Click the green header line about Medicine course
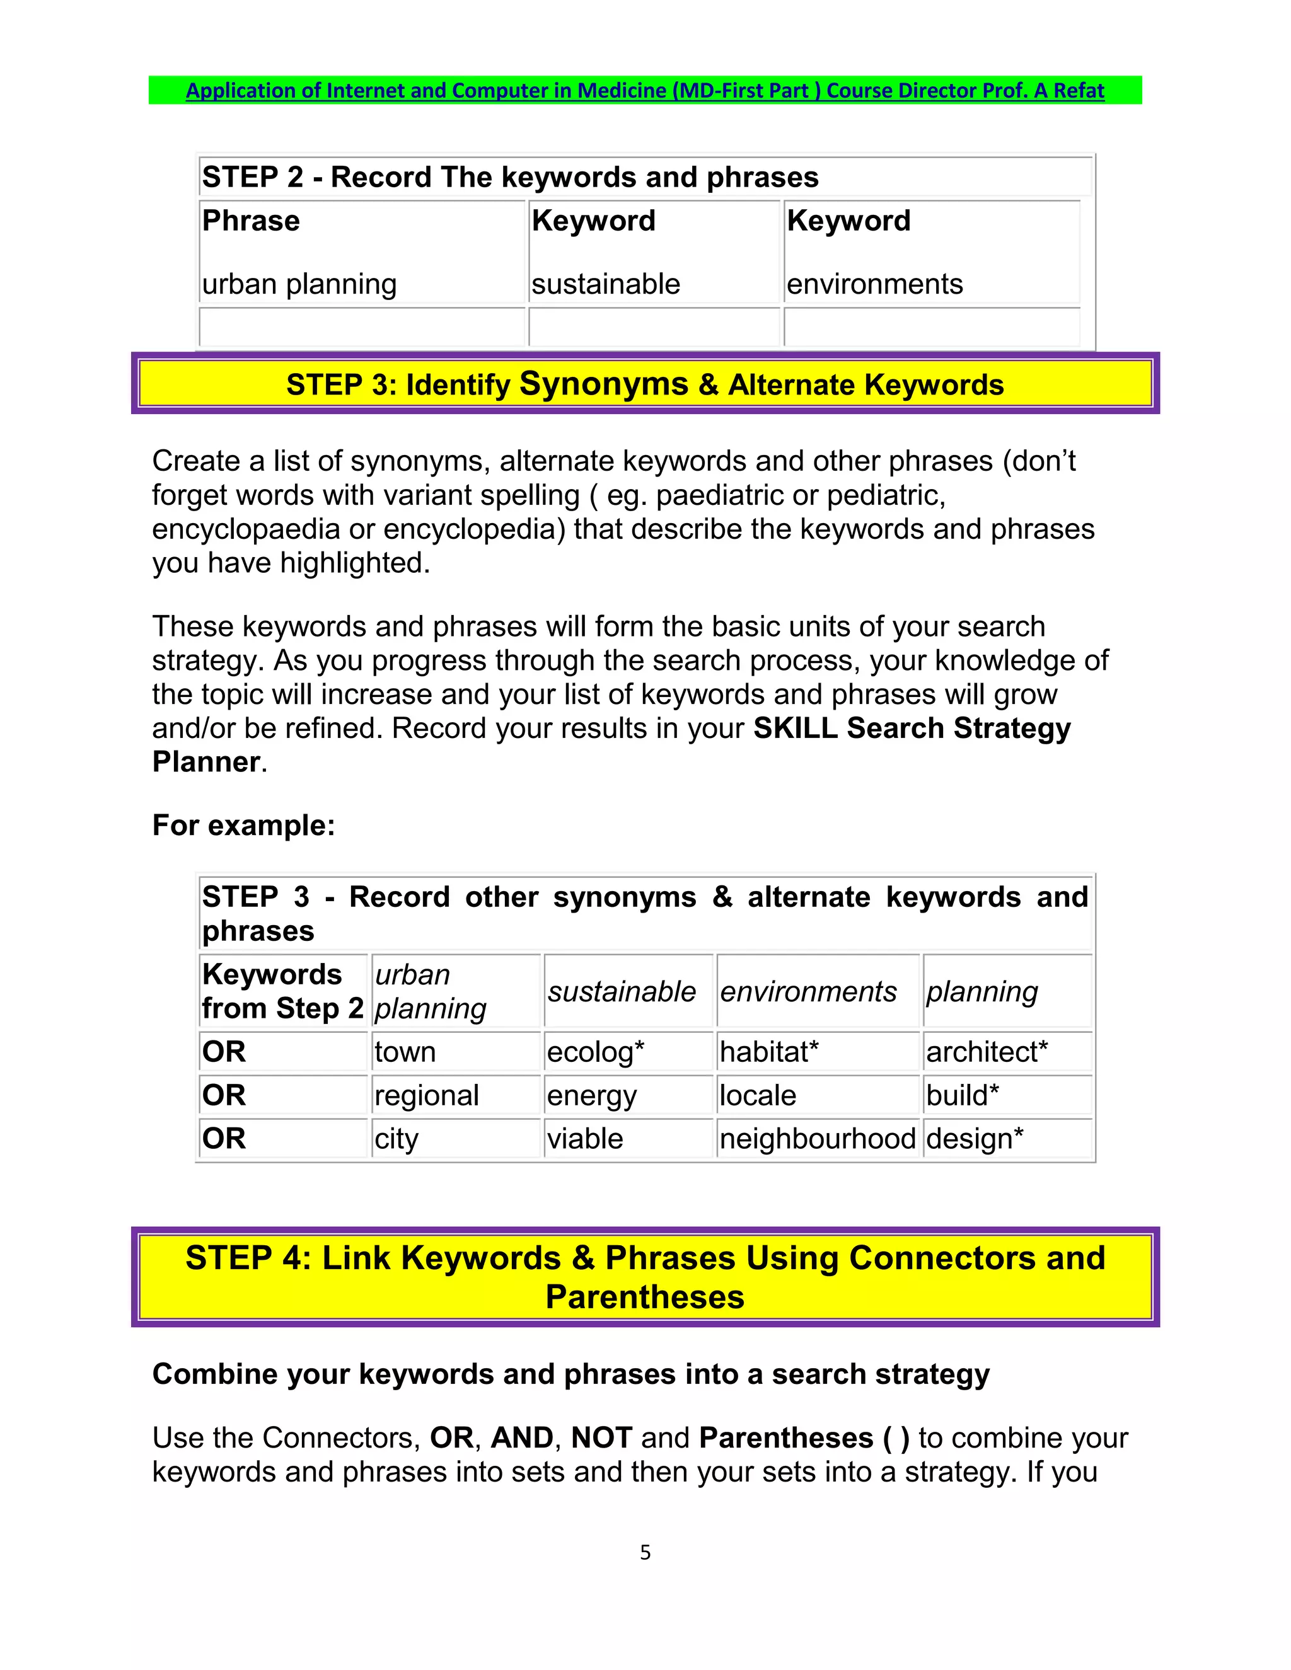(645, 90)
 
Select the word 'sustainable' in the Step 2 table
(606, 284)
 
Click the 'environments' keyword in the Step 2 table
(874, 284)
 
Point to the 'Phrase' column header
(251, 221)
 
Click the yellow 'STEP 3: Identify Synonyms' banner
(645, 384)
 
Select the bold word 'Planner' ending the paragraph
(207, 763)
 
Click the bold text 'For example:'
(243, 826)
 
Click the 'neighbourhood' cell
(817, 1139)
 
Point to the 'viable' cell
(584, 1139)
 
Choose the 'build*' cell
(962, 1095)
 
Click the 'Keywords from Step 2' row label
(281, 991)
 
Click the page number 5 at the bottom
(645, 1552)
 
